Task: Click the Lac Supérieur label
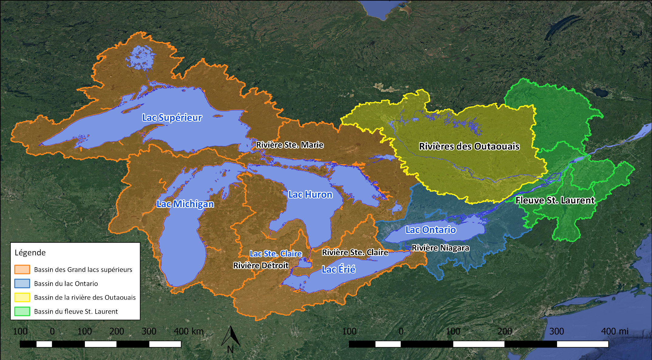point(172,118)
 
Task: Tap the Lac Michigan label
point(185,204)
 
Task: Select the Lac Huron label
point(310,194)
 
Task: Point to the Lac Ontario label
point(431,230)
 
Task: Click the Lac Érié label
point(338,269)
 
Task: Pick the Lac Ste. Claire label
point(275,254)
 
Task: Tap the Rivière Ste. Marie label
point(290,145)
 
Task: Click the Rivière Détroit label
point(261,266)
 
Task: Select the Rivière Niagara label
point(440,248)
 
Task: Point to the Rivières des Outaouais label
point(469,146)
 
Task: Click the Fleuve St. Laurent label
point(555,200)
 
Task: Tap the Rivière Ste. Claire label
point(355,252)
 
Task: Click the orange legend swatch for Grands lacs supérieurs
point(22,269)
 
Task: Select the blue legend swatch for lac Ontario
point(22,283)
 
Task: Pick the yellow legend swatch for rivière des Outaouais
point(22,297)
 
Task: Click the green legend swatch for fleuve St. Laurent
point(22,311)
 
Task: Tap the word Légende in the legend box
point(30,253)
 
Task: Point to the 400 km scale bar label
point(188,331)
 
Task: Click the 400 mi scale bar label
point(614,331)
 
